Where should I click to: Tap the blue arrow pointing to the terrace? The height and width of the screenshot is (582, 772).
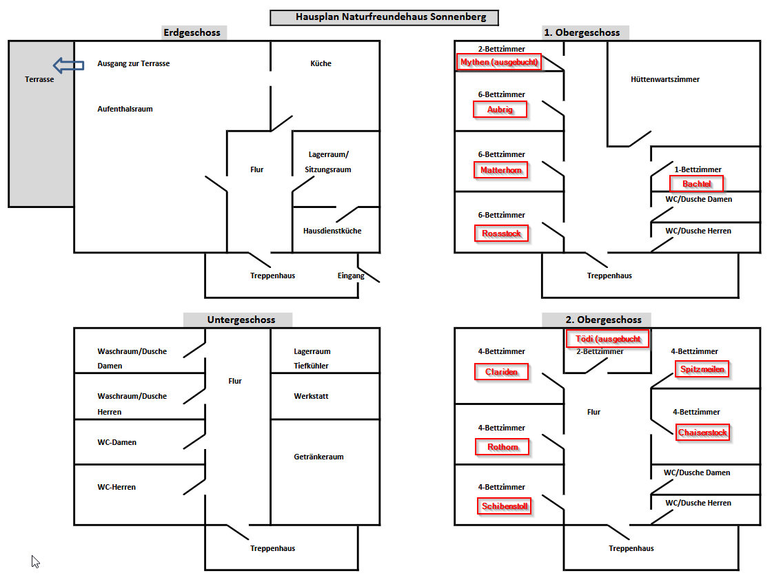click(68, 65)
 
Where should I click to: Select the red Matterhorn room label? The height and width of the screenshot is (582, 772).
click(500, 170)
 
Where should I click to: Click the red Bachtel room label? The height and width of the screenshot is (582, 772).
click(697, 184)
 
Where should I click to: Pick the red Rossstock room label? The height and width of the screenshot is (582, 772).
click(501, 233)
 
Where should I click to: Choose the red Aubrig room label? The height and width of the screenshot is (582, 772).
click(500, 110)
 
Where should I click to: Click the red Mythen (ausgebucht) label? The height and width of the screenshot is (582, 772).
click(499, 62)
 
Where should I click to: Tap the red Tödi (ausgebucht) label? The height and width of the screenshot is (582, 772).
click(607, 339)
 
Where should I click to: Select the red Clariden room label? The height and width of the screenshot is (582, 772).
click(501, 372)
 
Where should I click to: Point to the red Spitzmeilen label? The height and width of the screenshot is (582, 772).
click(702, 369)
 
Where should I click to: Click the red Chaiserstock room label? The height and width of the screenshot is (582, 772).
click(702, 433)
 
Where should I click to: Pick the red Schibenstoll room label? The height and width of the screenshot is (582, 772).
click(504, 506)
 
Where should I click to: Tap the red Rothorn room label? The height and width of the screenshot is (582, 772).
click(502, 447)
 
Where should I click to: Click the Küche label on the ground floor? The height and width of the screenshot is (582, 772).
click(321, 63)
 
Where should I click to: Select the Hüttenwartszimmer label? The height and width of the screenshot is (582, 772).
click(664, 79)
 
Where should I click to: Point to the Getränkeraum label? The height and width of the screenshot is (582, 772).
click(318, 457)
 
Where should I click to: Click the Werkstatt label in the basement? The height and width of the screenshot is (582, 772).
click(311, 396)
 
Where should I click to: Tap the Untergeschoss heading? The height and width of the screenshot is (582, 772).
click(241, 320)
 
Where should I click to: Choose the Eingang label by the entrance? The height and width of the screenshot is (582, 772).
click(351, 276)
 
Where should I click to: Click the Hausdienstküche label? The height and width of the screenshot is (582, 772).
click(332, 231)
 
